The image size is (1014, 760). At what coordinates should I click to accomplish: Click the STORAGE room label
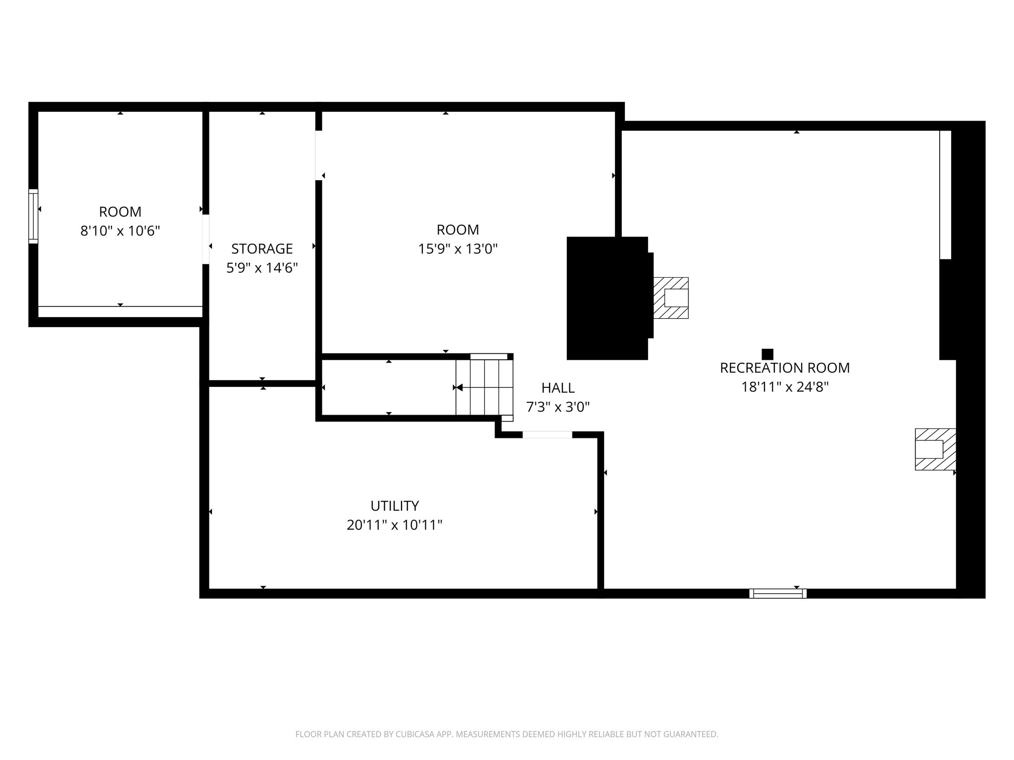pyautogui.click(x=262, y=248)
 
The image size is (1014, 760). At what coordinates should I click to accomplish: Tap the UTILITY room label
pyautogui.click(x=395, y=506)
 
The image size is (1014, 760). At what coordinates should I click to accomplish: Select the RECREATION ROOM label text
pyautogui.click(x=785, y=368)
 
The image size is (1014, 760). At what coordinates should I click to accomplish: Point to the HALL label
pyautogui.click(x=558, y=387)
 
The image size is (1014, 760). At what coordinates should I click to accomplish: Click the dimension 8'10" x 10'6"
pyautogui.click(x=120, y=231)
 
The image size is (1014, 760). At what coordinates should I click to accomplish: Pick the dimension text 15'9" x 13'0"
pyautogui.click(x=458, y=248)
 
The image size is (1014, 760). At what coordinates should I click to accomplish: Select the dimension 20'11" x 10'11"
pyautogui.click(x=395, y=524)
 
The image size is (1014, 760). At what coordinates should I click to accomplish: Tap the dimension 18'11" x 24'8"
pyautogui.click(x=785, y=386)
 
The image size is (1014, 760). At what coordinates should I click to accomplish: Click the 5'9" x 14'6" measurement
pyautogui.click(x=262, y=268)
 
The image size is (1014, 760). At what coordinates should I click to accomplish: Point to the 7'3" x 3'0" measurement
pyautogui.click(x=558, y=407)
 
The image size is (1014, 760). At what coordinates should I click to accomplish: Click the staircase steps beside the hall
pyautogui.click(x=484, y=387)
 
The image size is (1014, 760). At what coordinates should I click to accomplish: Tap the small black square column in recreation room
pyautogui.click(x=767, y=354)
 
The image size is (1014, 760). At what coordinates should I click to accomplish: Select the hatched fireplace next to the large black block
pyautogui.click(x=671, y=297)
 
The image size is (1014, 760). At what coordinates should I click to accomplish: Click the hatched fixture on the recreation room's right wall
pyautogui.click(x=935, y=449)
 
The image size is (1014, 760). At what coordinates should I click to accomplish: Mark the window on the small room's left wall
pyautogui.click(x=33, y=216)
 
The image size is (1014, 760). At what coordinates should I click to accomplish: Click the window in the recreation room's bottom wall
pyautogui.click(x=778, y=593)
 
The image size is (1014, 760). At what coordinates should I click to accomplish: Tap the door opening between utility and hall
pyautogui.click(x=547, y=434)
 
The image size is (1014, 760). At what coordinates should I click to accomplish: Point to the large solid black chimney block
pyautogui.click(x=608, y=298)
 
